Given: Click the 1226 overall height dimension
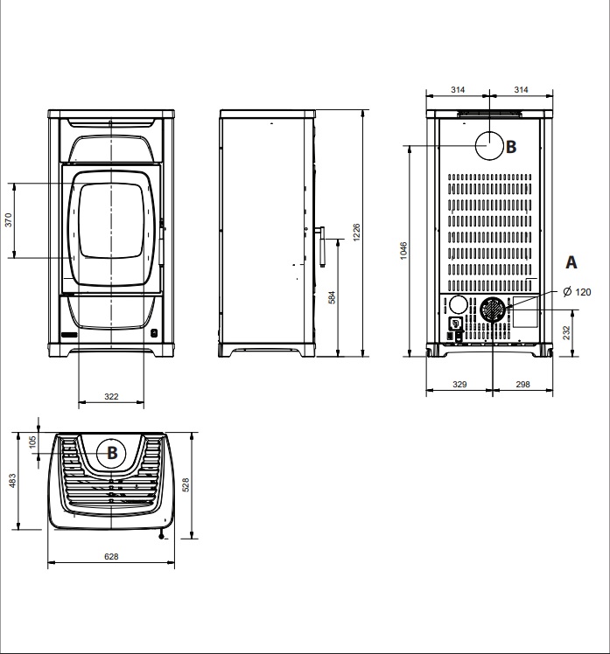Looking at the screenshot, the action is (356, 233).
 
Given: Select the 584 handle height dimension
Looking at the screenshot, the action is (332, 297).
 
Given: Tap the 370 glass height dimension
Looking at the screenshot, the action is (9, 219).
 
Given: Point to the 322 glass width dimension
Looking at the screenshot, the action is (111, 396).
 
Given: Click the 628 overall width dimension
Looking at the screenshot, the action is (111, 556).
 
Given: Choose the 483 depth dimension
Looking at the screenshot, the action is (12, 481).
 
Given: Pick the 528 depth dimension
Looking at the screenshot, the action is (186, 485).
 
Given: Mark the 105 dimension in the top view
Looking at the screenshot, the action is (32, 442).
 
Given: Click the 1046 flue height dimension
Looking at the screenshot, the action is (403, 250).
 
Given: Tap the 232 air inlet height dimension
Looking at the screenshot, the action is (566, 333).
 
